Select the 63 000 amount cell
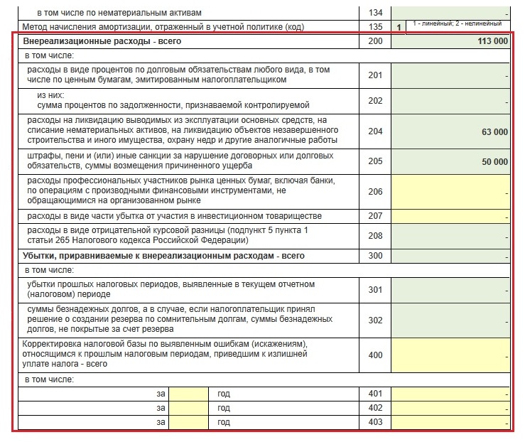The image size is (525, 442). [494, 131]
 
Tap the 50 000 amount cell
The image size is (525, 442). [494, 161]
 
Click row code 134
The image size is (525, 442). [376, 13]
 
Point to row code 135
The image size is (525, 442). [376, 28]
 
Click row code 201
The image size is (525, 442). [376, 75]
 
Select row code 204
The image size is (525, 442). [376, 131]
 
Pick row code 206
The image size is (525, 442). [376, 191]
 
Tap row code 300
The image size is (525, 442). [376, 255]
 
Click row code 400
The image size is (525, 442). [376, 355]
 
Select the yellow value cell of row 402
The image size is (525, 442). [450, 408]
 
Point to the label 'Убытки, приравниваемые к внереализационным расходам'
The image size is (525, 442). [163, 255]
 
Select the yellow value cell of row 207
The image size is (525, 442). [450, 215]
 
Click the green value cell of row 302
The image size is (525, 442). [450, 320]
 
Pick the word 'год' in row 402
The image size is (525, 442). [224, 408]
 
